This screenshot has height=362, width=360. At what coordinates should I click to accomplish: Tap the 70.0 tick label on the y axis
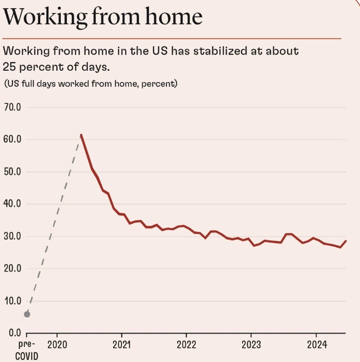12,107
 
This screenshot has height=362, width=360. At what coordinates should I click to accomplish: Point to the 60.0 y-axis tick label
12,139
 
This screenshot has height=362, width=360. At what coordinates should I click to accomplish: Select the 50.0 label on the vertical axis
12,172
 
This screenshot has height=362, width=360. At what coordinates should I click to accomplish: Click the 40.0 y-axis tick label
12,204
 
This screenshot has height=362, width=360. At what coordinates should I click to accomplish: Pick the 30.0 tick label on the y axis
12,236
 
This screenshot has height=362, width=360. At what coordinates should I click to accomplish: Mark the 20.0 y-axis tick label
12,268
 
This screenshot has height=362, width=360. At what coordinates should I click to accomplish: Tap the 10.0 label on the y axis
12,301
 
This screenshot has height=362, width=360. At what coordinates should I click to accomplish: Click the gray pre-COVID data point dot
27,314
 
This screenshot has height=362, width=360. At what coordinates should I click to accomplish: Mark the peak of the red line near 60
81,135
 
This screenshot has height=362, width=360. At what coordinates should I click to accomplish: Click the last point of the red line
346,241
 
